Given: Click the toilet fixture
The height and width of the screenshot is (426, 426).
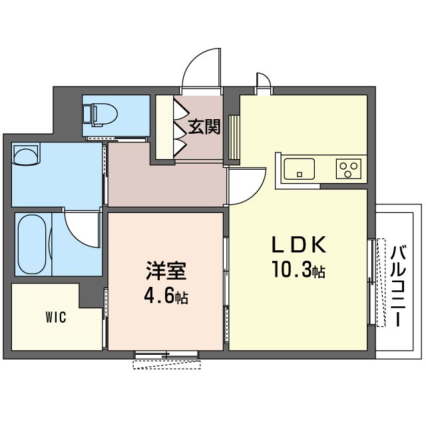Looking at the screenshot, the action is pyautogui.click(x=100, y=115).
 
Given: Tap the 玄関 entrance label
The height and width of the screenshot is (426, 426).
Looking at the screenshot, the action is pyautogui.click(x=204, y=127).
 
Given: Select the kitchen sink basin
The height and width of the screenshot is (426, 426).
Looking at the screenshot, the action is pyautogui.click(x=299, y=169).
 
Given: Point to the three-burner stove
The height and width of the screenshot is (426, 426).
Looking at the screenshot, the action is pyautogui.click(x=349, y=169).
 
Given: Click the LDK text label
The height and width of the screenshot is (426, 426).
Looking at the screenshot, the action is pyautogui.click(x=299, y=245).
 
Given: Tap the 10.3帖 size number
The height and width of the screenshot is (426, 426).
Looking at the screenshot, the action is pyautogui.click(x=299, y=269).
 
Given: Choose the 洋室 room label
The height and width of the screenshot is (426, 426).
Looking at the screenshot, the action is pyautogui.click(x=166, y=271).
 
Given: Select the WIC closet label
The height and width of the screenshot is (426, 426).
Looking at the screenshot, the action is pyautogui.click(x=56, y=317).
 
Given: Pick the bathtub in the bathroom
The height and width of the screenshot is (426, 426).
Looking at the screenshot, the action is pyautogui.click(x=32, y=244).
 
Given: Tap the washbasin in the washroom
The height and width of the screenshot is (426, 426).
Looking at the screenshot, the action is pyautogui.click(x=26, y=154).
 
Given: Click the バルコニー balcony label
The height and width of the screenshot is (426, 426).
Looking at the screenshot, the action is pyautogui.click(x=398, y=286).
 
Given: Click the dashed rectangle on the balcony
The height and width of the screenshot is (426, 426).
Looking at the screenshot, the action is pyautogui.click(x=381, y=282).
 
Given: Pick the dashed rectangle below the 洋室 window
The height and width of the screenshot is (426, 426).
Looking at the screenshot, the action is pyautogui.click(x=166, y=365).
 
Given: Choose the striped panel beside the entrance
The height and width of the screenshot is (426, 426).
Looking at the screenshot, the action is pyautogui.click(x=234, y=138).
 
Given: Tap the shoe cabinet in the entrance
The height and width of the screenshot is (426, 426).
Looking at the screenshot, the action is pyautogui.click(x=165, y=127).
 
